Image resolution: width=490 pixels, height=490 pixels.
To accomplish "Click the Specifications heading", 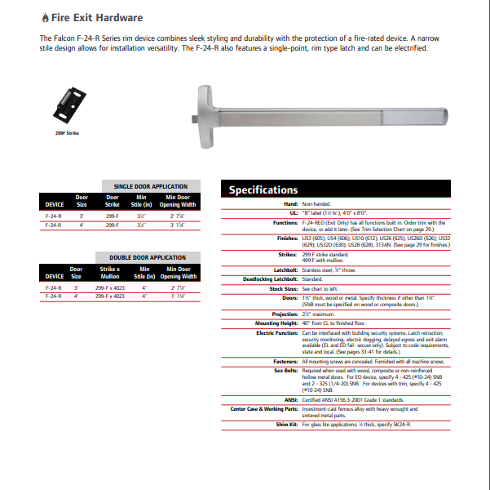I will (x=263, y=190).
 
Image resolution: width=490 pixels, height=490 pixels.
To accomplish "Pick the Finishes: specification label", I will (x=287, y=238).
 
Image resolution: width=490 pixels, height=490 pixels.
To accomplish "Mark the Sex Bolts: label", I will (x=285, y=370).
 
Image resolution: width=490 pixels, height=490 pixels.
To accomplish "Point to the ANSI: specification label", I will (x=291, y=398).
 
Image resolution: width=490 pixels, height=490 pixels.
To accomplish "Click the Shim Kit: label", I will (x=286, y=425).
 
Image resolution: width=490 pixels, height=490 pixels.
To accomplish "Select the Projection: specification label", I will (x=285, y=314).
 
